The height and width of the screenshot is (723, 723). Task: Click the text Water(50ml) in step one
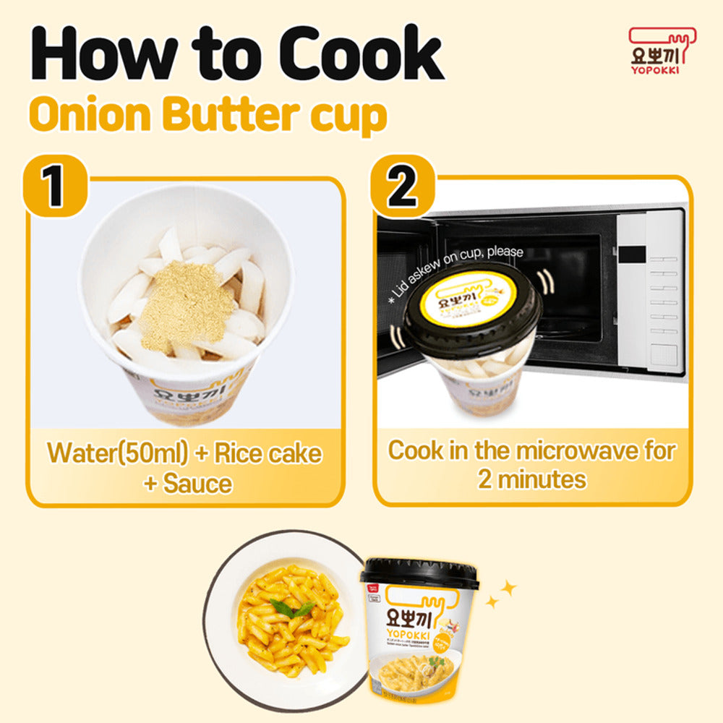[116, 453]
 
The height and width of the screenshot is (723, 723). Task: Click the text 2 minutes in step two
[531, 479]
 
